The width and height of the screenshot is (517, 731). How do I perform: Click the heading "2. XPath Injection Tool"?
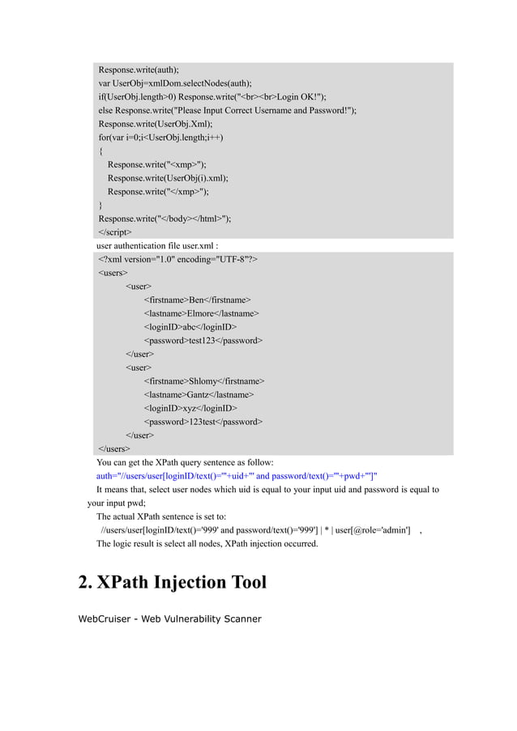pos(172,582)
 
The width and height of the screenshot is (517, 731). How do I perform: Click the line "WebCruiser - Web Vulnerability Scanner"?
pos(169,619)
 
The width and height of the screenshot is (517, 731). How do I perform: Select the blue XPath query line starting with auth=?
pos(237,476)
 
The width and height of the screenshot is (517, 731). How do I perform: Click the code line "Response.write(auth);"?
pos(139,69)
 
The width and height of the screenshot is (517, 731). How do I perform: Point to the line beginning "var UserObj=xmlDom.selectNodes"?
pos(175,83)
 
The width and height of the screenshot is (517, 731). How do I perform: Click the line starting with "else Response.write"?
pos(228,110)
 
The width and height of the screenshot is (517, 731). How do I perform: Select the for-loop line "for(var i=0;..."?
pos(161,137)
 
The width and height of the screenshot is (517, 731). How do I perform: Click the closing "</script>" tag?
pos(115,232)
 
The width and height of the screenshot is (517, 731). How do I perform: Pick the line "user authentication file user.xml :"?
pos(158,245)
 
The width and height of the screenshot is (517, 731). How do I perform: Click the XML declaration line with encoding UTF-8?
pos(178,259)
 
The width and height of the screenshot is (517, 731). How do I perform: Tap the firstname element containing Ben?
pos(197,300)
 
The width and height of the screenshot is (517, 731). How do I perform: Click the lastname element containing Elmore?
pos(201,313)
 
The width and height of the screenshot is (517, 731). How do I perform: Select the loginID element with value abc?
pos(190,327)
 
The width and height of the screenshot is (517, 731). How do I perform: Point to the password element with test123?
pos(203,341)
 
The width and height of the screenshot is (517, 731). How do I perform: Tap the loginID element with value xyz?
pos(190,409)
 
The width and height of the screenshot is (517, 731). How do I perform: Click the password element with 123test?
pos(203,422)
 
